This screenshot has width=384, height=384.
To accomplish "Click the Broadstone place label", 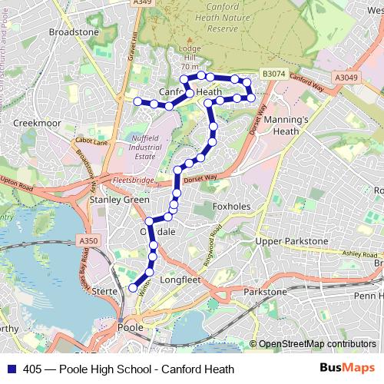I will [x=74, y=33].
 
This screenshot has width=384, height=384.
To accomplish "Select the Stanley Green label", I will [x=120, y=200].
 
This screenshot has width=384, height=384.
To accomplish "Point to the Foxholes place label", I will [x=231, y=207].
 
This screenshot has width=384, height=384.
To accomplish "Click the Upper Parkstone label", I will [x=291, y=241].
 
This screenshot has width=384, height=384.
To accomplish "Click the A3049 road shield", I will [x=346, y=77].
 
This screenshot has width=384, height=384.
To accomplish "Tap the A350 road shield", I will [x=88, y=241].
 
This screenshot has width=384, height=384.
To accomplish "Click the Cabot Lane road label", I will [x=91, y=141].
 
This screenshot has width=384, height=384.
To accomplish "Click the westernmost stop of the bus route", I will [x=137, y=101].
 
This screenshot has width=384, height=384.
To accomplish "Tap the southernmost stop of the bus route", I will [x=133, y=288].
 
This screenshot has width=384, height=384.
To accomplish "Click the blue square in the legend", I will [x=12, y=369].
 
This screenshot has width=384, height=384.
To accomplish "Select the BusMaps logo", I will [x=347, y=369].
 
